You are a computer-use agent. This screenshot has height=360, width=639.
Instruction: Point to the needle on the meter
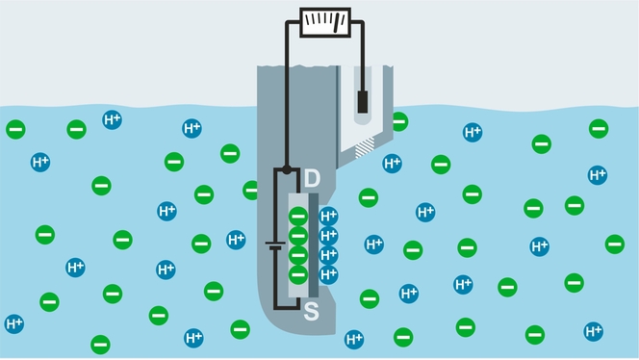(332, 19)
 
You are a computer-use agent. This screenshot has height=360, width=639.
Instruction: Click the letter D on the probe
(311, 179)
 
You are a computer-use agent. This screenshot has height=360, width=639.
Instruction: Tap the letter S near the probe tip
(312, 313)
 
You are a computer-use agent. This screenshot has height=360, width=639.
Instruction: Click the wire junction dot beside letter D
(285, 172)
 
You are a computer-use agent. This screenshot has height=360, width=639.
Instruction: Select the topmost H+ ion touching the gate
(328, 216)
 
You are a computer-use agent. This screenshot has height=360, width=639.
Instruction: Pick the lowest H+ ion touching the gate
(328, 274)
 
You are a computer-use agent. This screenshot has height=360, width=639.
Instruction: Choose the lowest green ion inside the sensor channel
(297, 274)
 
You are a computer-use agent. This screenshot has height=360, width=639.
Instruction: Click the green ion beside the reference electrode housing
(398, 121)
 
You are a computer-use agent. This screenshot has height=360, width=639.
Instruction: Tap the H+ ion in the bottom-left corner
(14, 323)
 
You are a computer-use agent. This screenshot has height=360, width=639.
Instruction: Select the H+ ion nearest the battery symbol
(236, 240)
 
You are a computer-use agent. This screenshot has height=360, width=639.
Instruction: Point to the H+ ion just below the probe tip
(354, 339)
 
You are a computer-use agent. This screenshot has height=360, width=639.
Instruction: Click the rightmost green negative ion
(614, 244)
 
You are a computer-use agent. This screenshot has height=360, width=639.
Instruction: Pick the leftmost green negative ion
(16, 129)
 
